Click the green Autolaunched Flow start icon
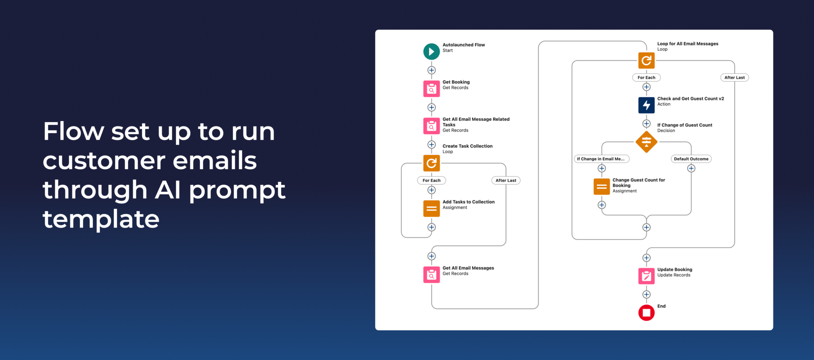[431, 52]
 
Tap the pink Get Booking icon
[431, 89]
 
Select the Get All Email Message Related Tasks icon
[431, 126]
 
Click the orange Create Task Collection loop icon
[431, 163]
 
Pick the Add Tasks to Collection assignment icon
[431, 208]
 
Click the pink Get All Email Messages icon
[431, 275]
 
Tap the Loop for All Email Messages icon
[646, 60]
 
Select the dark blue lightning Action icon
[646, 105]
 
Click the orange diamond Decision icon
[646, 141]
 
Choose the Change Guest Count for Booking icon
[601, 186]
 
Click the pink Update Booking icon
[646, 276]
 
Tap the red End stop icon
[646, 313]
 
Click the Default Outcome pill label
[691, 159]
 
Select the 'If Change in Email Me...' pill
[601, 159]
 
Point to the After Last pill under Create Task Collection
[506, 180]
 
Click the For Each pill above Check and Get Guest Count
[646, 77]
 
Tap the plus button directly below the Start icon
[431, 70]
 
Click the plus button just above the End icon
[646, 294]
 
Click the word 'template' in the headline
[101, 219]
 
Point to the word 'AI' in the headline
[168, 190]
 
